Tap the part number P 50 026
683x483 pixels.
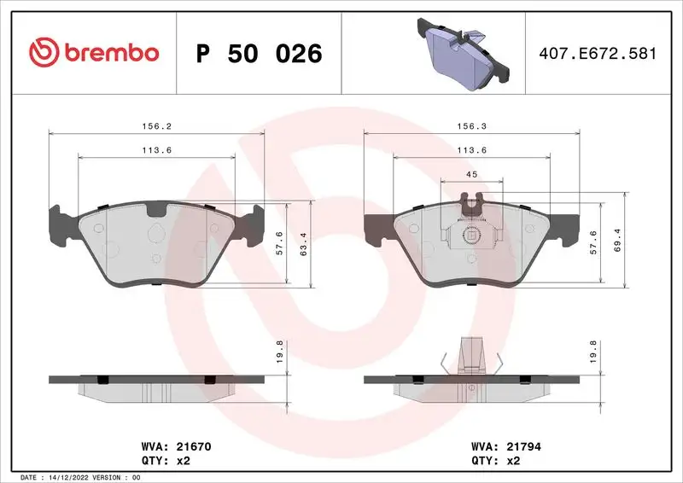tap(259, 54)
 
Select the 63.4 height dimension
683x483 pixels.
tap(304, 246)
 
